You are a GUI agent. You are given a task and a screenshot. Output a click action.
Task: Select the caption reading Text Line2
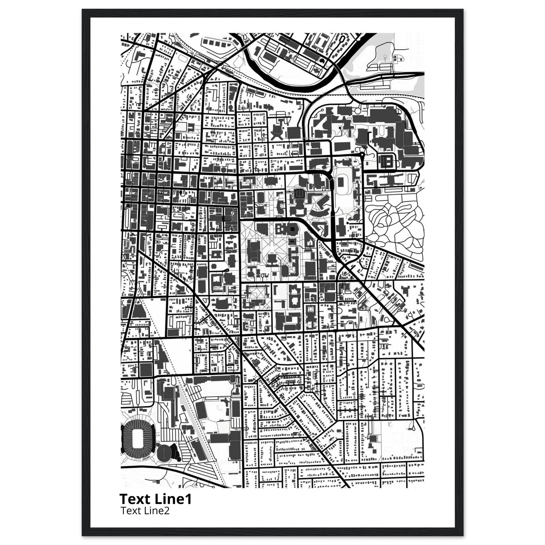(x=145, y=511)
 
